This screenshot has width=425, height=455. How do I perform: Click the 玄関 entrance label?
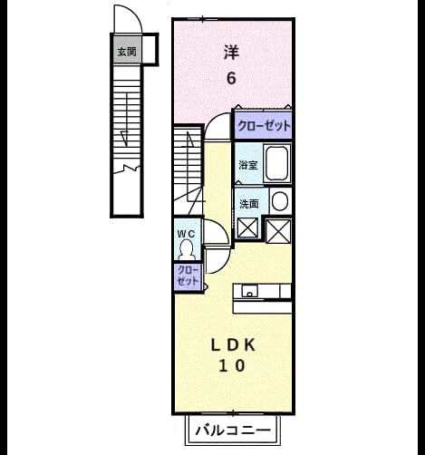pyautogui.click(x=127, y=52)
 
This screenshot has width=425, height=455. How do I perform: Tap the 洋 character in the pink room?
pyautogui.click(x=231, y=53)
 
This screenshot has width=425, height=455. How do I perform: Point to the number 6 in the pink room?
pyautogui.click(x=231, y=78)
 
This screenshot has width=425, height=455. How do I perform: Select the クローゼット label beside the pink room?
pyautogui.click(x=264, y=126)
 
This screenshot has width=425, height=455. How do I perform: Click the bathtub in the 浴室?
pyautogui.click(x=277, y=163)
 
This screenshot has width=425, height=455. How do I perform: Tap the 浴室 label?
pyautogui.click(x=248, y=165)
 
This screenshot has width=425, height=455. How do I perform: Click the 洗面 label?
pyautogui.click(x=249, y=204)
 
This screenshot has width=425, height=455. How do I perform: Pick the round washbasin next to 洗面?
pyautogui.click(x=280, y=201)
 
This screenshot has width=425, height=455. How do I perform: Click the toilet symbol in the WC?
pyautogui.click(x=187, y=249)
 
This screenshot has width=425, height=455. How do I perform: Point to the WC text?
pyautogui.click(x=186, y=234)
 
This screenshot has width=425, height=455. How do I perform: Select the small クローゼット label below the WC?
pyautogui.click(x=188, y=276)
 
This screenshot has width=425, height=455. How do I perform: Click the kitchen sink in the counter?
pyautogui.click(x=249, y=291)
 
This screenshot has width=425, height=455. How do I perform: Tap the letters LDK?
pyautogui.click(x=233, y=345)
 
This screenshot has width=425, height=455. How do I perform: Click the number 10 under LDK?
pyautogui.click(x=232, y=366)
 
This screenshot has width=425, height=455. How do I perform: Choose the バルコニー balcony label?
pyautogui.click(x=233, y=431)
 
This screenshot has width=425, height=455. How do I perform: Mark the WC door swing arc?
pyautogui.click(x=223, y=228)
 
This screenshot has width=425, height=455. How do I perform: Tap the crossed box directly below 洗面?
pyautogui.click(x=247, y=227)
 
